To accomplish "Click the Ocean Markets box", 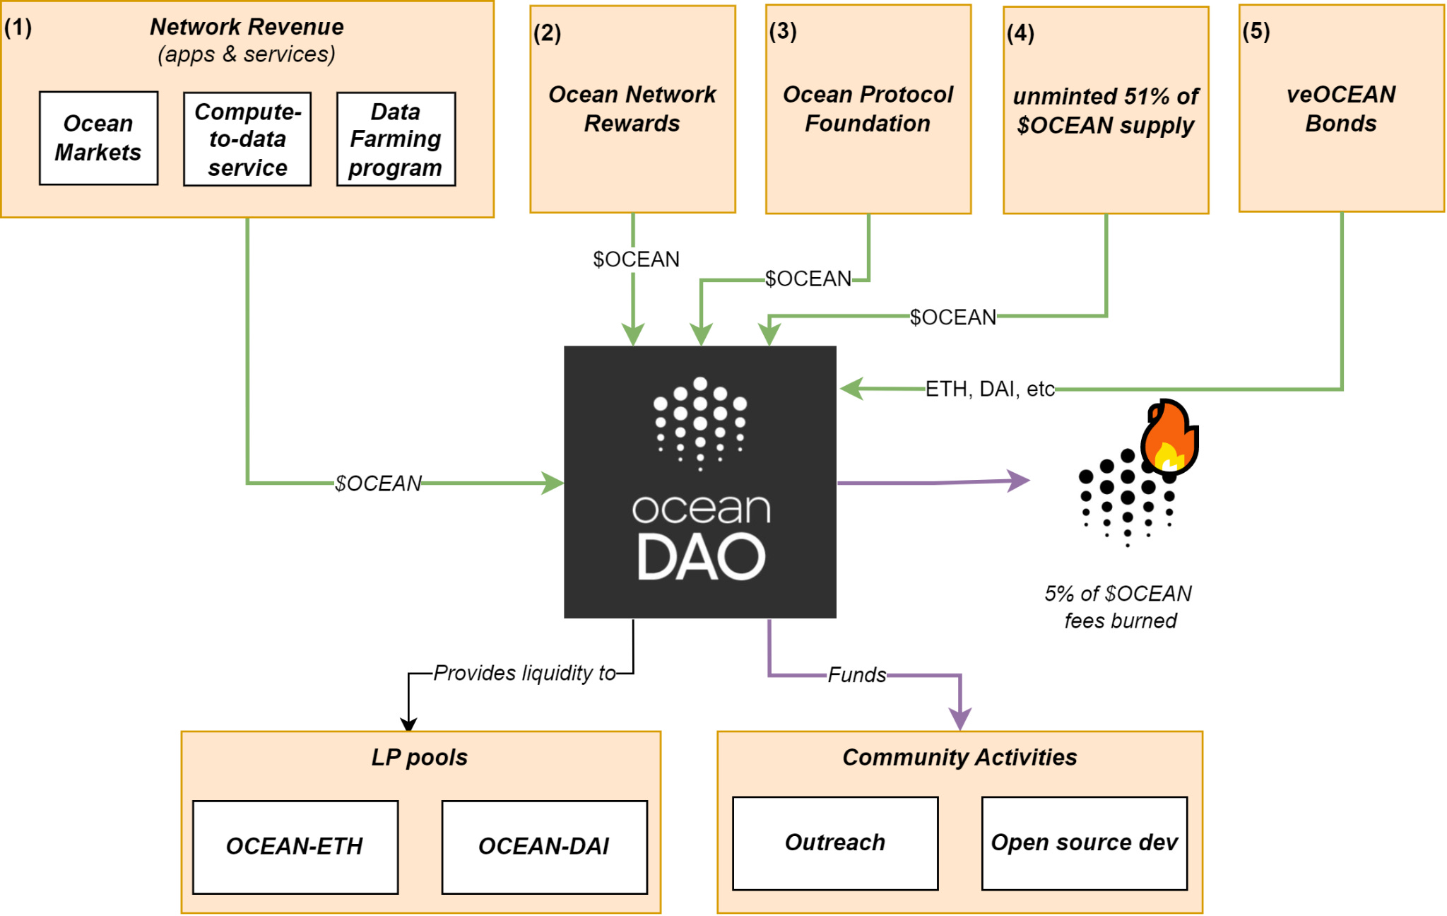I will [98, 139].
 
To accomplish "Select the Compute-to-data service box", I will [247, 139].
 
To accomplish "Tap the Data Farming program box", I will [396, 139].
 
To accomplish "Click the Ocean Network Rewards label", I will [632, 109].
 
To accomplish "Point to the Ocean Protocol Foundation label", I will [868, 109].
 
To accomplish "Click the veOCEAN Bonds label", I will [1340, 109].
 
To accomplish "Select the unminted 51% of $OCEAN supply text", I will [1105, 111].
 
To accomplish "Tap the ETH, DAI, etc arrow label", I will [989, 389].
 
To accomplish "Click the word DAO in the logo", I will [700, 558].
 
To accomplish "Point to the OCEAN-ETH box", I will [295, 847].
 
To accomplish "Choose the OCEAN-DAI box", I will [544, 847].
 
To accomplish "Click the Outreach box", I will [835, 843].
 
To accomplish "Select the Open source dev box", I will [1084, 843].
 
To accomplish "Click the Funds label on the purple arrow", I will [856, 675].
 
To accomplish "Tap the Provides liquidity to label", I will [524, 673].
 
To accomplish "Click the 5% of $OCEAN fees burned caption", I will [1119, 607].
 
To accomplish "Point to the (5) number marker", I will [1256, 31].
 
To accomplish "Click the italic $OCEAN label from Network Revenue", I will [378, 483].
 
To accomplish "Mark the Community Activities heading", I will [959, 758].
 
